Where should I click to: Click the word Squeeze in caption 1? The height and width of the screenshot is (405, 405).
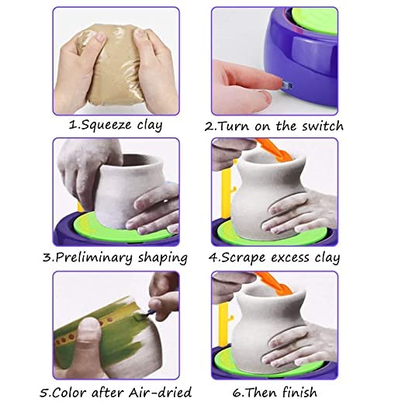(x=106, y=125)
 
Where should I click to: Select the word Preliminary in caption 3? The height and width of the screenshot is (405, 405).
(x=94, y=258)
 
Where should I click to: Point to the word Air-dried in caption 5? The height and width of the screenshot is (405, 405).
(x=161, y=392)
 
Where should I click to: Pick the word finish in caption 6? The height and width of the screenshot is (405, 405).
(x=299, y=392)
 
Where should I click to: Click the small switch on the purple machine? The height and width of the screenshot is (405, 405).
(x=287, y=85)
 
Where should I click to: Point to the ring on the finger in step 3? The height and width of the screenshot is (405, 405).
(x=165, y=201)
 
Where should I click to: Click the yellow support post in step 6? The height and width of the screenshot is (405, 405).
(x=225, y=324)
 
